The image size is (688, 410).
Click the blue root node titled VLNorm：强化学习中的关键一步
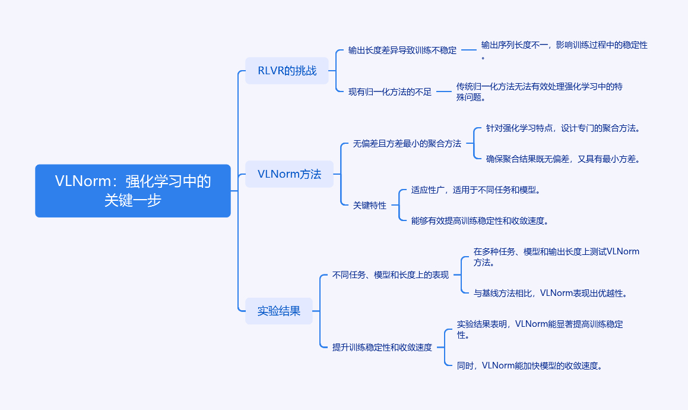coord(133,191)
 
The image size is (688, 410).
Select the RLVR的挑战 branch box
coord(287,70)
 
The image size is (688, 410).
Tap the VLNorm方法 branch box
coord(289,174)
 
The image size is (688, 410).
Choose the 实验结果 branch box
coord(278,311)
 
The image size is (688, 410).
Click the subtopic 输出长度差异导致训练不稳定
coord(402,50)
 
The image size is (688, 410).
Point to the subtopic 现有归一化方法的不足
coord(390,92)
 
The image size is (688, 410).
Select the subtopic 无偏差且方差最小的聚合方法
coord(407,144)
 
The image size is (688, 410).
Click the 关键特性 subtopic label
coord(370,205)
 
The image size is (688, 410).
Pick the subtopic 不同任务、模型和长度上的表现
coord(391,275)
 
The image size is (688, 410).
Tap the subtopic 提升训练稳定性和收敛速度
coord(382,347)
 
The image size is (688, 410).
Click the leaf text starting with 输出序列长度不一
coord(565,50)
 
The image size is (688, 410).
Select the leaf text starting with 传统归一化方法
coord(539,92)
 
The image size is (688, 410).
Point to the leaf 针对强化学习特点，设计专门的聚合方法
coord(563,128)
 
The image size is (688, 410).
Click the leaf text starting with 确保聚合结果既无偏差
coord(563,159)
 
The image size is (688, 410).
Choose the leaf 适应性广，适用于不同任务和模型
coord(476,190)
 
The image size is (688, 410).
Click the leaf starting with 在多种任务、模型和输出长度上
coord(556,257)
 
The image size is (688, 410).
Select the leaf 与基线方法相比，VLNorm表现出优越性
coord(551,293)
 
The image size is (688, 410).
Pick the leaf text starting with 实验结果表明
coord(540,329)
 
